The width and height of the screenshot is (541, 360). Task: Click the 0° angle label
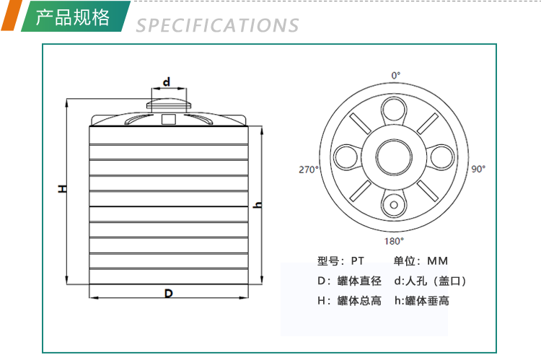[396, 75]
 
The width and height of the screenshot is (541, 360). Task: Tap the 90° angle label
[478, 169]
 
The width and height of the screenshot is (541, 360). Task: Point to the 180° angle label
[394, 241]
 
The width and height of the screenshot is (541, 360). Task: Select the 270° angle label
[309, 170]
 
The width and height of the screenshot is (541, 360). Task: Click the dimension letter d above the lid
[167, 82]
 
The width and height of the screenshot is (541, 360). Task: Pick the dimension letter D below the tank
[168, 294]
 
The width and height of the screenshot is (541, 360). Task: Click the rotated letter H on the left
[63, 188]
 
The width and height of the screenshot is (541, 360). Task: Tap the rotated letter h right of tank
[258, 204]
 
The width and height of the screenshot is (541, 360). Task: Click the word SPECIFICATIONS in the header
[217, 25]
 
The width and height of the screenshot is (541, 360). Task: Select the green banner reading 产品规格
[76, 16]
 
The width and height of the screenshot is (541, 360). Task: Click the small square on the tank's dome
[168, 119]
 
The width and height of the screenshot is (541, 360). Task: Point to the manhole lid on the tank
[169, 104]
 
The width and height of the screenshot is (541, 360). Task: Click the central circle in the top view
[394, 157]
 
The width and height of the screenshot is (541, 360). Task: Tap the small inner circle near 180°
[394, 205]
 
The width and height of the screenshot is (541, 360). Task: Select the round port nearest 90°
[441, 157]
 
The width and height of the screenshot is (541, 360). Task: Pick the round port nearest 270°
[346, 157]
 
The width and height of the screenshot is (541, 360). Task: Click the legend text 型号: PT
[340, 261]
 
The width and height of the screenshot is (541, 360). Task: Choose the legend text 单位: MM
[421, 261]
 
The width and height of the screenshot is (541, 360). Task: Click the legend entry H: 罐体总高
[349, 301]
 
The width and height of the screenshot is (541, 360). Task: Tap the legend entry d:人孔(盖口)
[430, 281]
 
